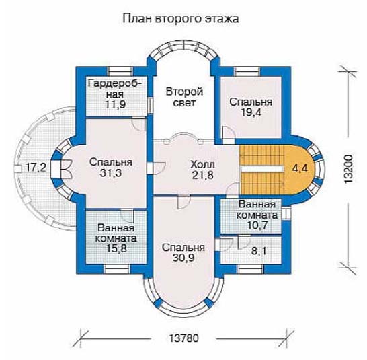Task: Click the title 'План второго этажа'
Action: click(x=181, y=19)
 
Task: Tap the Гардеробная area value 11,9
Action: click(x=115, y=104)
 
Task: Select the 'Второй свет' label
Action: click(x=184, y=97)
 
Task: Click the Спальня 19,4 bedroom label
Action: click(x=251, y=107)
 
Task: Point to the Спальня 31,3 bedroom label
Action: click(x=111, y=168)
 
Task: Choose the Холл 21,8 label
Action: click(x=203, y=170)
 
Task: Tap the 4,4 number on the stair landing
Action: click(x=300, y=168)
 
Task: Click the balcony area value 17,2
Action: click(x=36, y=168)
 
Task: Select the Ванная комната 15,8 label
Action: click(x=116, y=238)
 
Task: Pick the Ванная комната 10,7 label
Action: click(x=257, y=215)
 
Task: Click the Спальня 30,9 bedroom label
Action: click(x=184, y=252)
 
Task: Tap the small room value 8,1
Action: click(x=258, y=251)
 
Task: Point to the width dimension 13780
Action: click(x=184, y=338)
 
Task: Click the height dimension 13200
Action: click(x=348, y=169)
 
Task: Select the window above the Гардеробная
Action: click(x=121, y=71)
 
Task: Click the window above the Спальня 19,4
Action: click(x=247, y=71)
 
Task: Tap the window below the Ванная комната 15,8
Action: click(x=116, y=269)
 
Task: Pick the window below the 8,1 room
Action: click(x=251, y=269)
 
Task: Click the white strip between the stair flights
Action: click(x=262, y=169)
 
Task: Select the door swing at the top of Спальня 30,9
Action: click(x=184, y=202)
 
